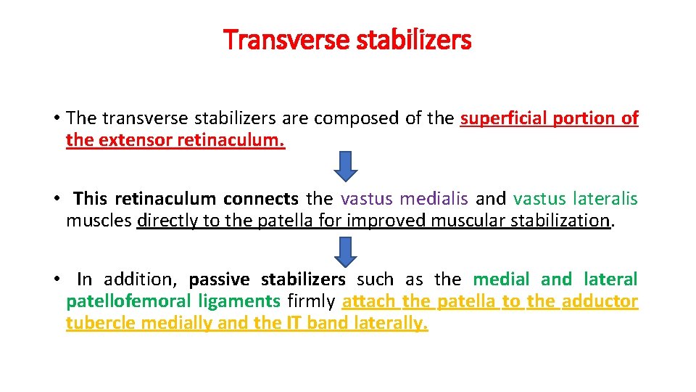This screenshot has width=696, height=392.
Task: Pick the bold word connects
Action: pyautogui.click(x=260, y=198)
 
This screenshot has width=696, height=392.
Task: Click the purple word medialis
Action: pyautogui.click(x=435, y=198)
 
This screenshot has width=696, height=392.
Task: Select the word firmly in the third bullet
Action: pyautogui.click(x=311, y=301)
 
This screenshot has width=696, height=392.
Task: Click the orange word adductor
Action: pyautogui.click(x=600, y=301)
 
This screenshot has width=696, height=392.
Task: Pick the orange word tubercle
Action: pyautogui.click(x=101, y=323)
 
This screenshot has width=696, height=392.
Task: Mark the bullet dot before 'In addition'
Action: pyautogui.click(x=56, y=279)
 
